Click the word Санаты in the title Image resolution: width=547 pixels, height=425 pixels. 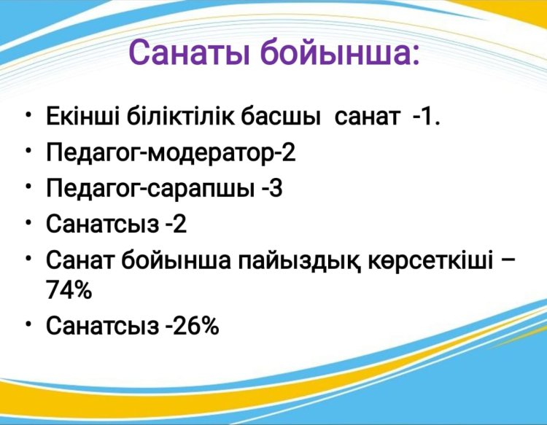coord(190,52)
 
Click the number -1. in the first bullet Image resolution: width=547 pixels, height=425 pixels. coord(427,117)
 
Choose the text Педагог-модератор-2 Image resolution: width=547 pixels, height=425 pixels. coord(171,153)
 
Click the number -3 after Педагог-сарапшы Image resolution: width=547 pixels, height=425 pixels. coord(272,189)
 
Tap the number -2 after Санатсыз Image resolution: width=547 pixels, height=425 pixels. coord(176,224)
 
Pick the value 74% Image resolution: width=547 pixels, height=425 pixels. coord(69,289)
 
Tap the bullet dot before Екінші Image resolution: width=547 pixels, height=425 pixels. coord(28,116)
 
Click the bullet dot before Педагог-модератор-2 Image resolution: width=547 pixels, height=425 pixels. coord(28,151)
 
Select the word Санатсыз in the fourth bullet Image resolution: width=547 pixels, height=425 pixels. coord(102,224)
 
